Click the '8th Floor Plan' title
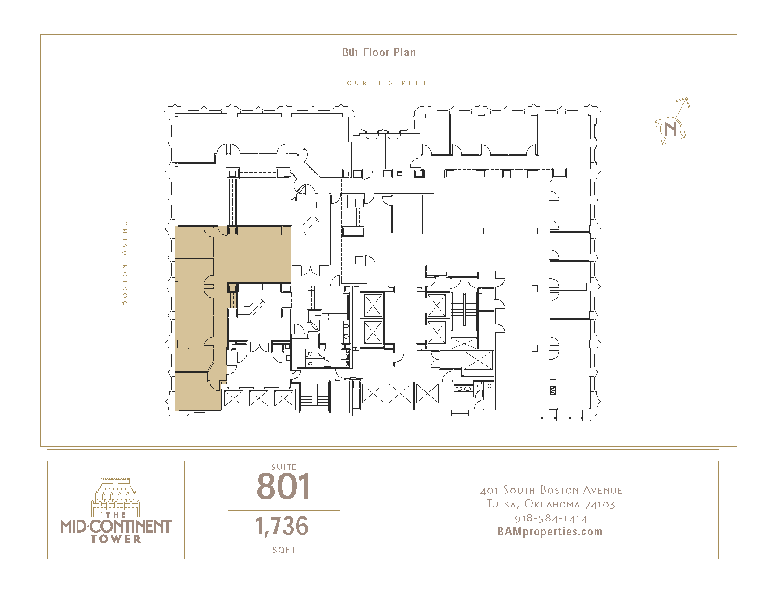tap(379, 52)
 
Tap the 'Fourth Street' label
tap(383, 83)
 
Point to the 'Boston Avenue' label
tap(124, 259)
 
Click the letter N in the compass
tap(670, 128)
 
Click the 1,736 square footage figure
tap(281, 526)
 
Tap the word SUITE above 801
tap(284, 467)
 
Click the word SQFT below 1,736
tap(284, 550)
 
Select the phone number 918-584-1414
tap(551, 518)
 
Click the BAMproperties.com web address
tap(550, 532)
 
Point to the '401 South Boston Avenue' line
tap(551, 490)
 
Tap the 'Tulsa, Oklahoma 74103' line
tap(551, 504)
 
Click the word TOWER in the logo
tap(116, 539)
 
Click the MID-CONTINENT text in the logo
tap(116, 526)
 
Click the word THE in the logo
tap(116, 515)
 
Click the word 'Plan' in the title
tap(405, 52)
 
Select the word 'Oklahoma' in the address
tap(552, 504)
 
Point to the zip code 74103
tap(600, 505)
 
